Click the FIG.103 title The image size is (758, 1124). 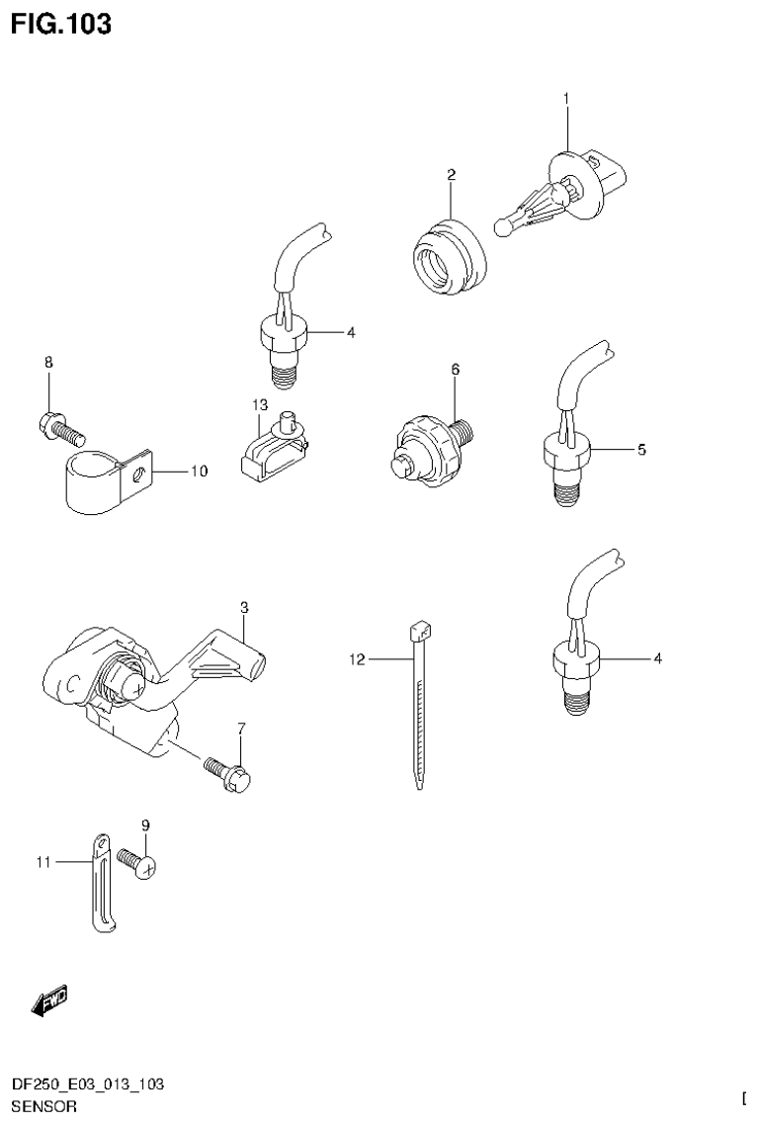coord(61,24)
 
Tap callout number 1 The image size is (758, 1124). coord(567,98)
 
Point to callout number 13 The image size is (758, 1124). coord(259,405)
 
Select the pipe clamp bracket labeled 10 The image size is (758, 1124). coord(104,482)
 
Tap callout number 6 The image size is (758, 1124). coord(456,369)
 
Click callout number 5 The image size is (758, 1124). coord(641,450)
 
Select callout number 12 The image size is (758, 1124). coord(357,658)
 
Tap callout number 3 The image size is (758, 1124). coord(243,606)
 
